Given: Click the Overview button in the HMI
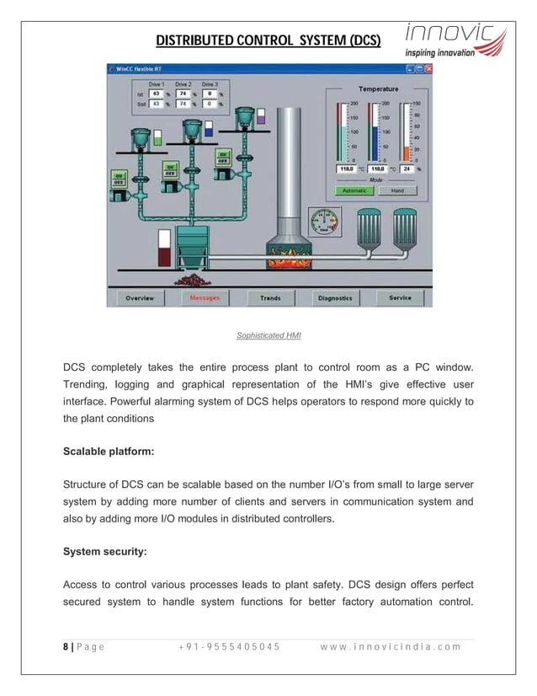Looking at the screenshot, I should [x=139, y=298].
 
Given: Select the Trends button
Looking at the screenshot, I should [x=270, y=298].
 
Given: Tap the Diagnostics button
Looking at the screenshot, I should [x=335, y=298].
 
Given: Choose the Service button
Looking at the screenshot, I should [x=400, y=298].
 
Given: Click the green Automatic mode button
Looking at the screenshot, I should [x=354, y=190].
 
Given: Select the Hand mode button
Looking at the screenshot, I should [x=397, y=190].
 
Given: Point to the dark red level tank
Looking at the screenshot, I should [x=164, y=250].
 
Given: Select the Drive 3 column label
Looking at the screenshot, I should [x=209, y=85].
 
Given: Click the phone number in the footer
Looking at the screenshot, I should [x=230, y=647].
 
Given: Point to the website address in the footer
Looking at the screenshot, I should [x=390, y=647].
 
